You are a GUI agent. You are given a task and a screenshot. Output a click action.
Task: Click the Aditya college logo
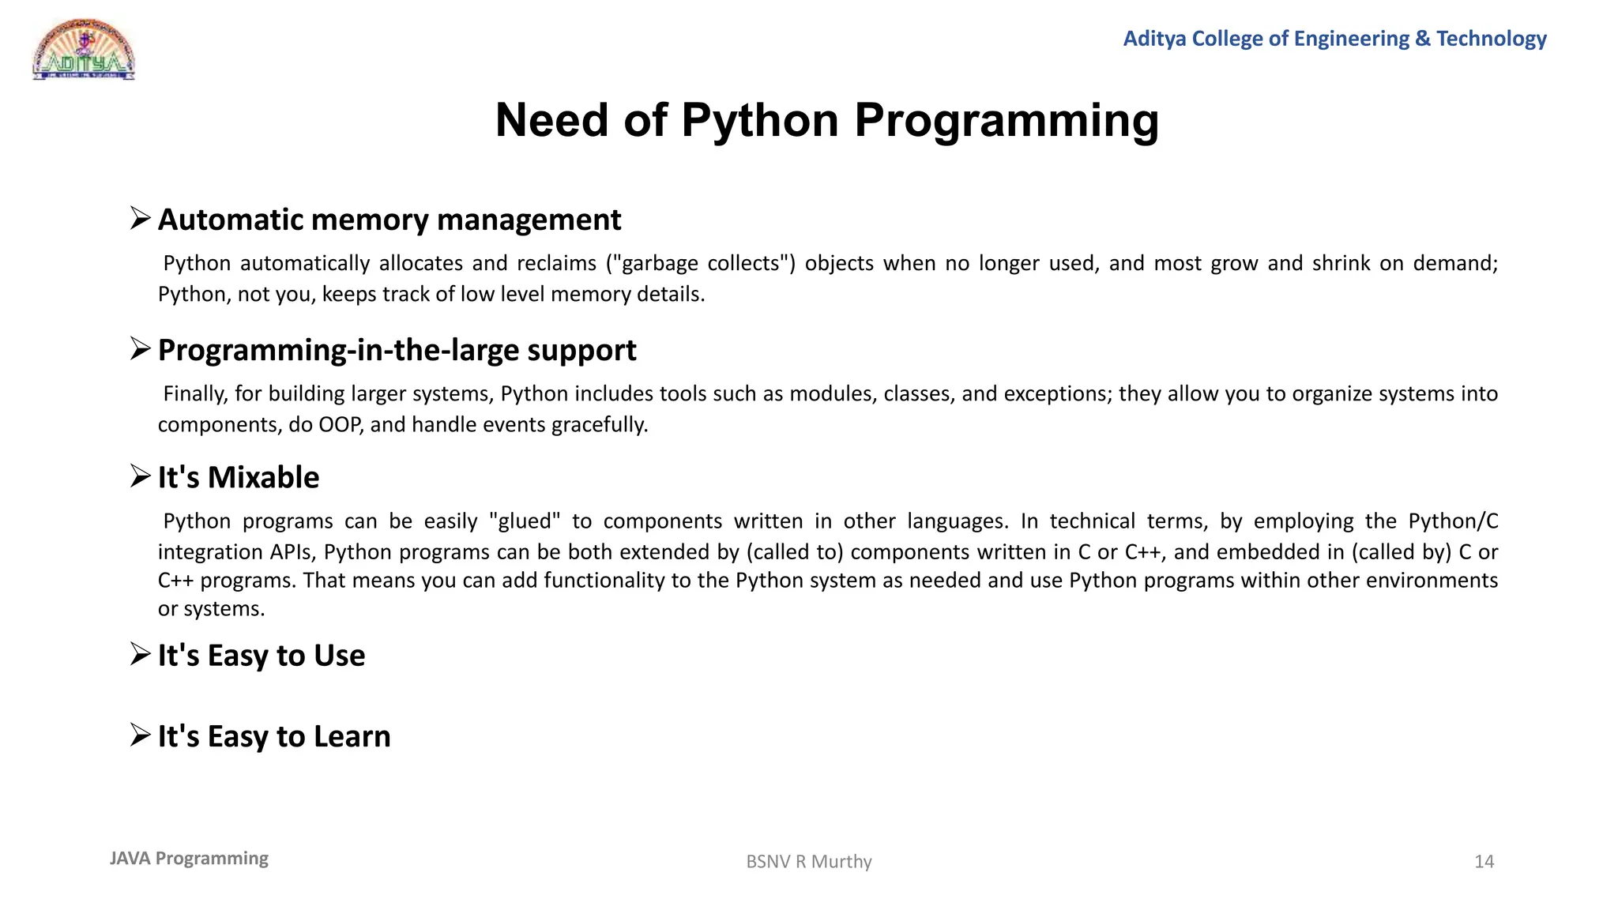[x=84, y=50]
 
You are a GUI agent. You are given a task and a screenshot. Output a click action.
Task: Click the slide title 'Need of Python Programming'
[x=826, y=120]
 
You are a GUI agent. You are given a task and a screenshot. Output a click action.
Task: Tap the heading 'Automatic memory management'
[x=389, y=220]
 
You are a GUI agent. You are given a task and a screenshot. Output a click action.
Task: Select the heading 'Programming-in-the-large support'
[x=397, y=350]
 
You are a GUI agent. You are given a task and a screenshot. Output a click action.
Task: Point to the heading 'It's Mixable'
[x=239, y=477]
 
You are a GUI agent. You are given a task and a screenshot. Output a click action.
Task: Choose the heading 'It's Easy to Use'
[x=262, y=656]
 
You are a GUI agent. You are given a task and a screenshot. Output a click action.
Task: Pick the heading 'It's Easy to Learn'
[x=274, y=736]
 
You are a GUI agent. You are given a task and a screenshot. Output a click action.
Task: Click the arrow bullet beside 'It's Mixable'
[x=141, y=476]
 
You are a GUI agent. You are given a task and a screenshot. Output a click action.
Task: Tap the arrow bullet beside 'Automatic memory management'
[x=141, y=218]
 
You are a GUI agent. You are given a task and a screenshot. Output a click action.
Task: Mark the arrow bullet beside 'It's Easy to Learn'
[x=141, y=735]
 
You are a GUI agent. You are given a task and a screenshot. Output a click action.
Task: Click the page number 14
[x=1484, y=861]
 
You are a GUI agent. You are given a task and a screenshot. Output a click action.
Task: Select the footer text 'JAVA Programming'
[x=189, y=858]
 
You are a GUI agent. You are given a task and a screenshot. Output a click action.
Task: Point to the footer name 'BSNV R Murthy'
[x=809, y=861]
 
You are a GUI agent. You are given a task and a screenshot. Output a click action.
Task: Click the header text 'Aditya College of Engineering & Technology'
[x=1334, y=38]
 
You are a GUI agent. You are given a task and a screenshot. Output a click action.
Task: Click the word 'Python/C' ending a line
[x=1453, y=521]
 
